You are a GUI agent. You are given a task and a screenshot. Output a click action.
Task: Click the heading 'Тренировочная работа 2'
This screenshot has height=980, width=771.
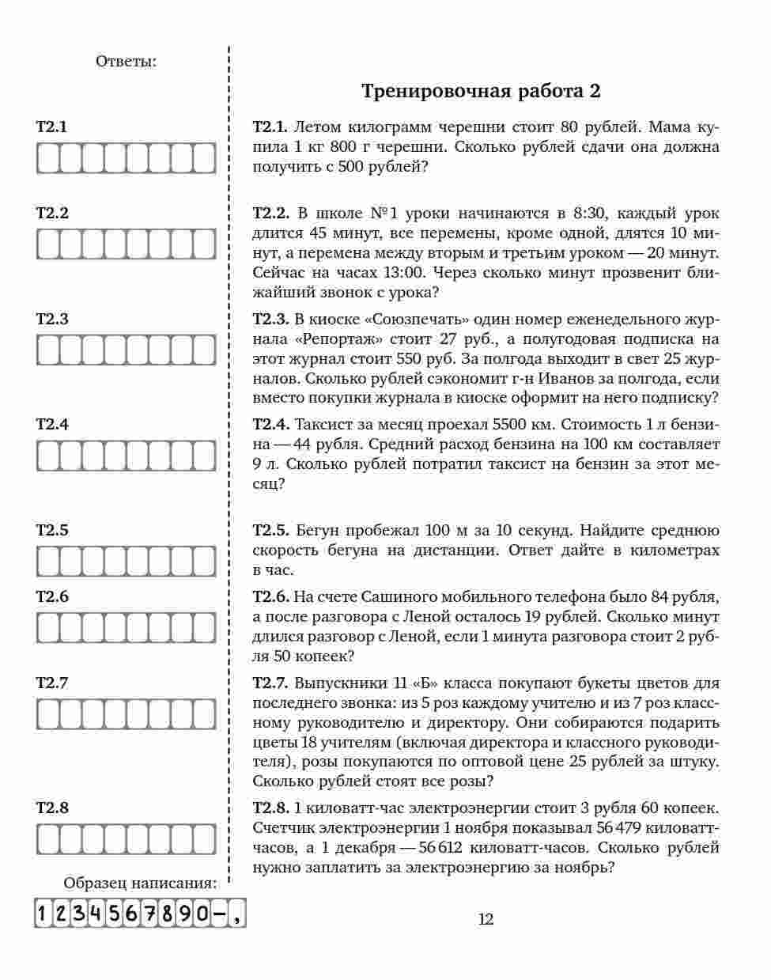point(481,91)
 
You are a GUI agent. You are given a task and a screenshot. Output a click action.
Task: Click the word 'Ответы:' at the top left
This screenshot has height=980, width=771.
point(126,61)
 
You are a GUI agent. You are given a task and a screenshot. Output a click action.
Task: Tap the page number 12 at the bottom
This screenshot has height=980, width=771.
point(486,919)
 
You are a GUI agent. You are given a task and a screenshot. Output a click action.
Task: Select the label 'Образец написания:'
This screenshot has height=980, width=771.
point(140,884)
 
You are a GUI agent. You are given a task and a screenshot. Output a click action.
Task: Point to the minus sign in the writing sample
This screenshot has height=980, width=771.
point(219,914)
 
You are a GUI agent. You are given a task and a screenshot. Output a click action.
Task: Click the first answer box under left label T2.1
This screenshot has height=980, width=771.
point(47,158)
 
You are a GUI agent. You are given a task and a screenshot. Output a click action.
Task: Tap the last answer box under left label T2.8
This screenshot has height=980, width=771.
point(205,839)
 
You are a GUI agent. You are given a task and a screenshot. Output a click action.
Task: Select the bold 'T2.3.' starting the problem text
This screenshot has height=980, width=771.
point(271,320)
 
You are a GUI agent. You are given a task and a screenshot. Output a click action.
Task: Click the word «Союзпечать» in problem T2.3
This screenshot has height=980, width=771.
point(408,320)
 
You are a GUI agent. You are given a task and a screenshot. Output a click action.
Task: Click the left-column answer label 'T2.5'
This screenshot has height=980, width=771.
point(52,531)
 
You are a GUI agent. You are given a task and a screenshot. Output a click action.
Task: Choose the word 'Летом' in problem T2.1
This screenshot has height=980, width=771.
point(319,127)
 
